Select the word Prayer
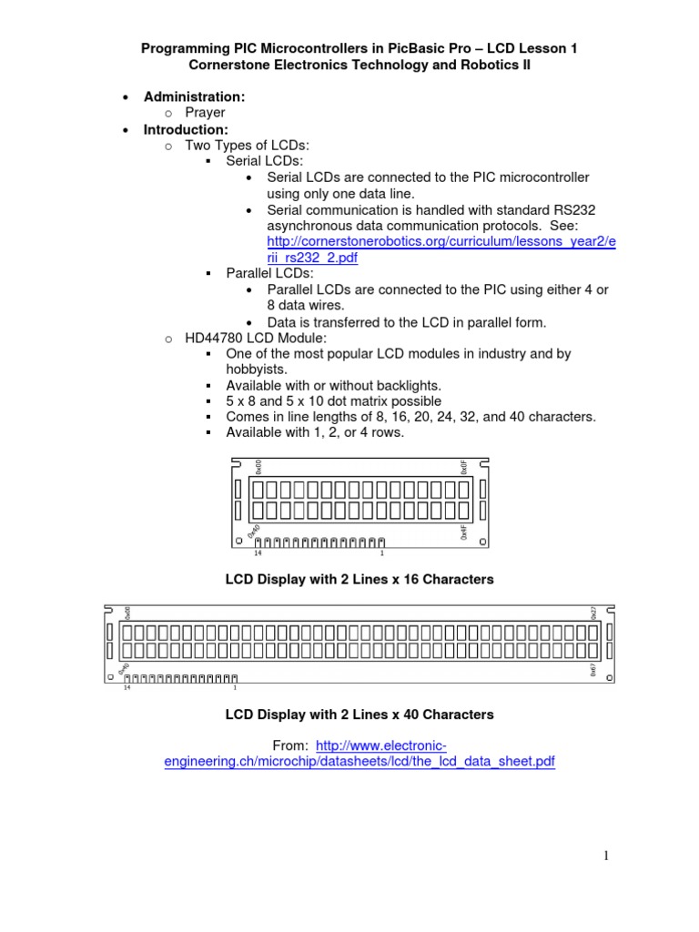pos(205,113)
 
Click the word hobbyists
pos(256,369)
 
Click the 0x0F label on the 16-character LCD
pos(463,467)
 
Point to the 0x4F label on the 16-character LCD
pos(463,532)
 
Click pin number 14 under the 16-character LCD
pos(258,553)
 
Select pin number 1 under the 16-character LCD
pos(381,553)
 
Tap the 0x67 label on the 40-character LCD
pos(593,670)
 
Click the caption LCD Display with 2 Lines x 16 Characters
pos(360,579)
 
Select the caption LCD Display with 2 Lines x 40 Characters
pos(360,714)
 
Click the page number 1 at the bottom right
pos(603,856)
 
